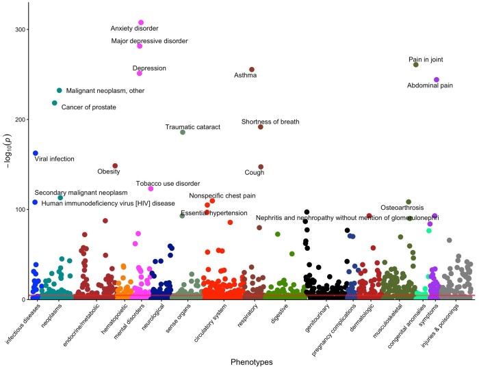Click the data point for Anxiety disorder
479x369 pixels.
click(x=141, y=23)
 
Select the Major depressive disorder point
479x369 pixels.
click(x=140, y=46)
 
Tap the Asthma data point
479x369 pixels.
click(x=252, y=70)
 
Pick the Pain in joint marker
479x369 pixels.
click(x=415, y=65)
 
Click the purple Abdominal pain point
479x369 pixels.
click(x=437, y=80)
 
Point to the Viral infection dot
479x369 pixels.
click(x=36, y=153)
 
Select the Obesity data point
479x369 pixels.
click(x=115, y=165)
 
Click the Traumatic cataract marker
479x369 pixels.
click(x=183, y=132)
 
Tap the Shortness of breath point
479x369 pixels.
click(x=261, y=127)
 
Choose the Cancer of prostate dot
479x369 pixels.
click(x=55, y=103)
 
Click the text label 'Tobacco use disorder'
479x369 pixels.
click(x=168, y=183)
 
